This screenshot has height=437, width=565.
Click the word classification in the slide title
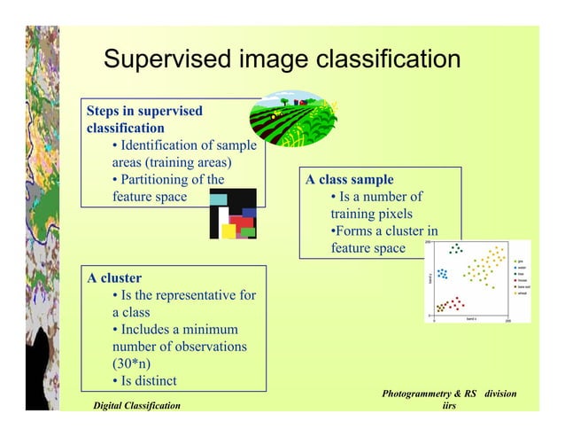pyautogui.click(x=384, y=60)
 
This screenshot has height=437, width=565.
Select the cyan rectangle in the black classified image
pyautogui.click(x=218, y=200)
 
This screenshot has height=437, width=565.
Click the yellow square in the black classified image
pyautogui.click(x=228, y=230)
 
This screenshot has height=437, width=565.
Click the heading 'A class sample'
pyautogui.click(x=350, y=179)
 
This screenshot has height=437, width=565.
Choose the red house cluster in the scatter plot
pyautogui.click(x=453, y=304)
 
